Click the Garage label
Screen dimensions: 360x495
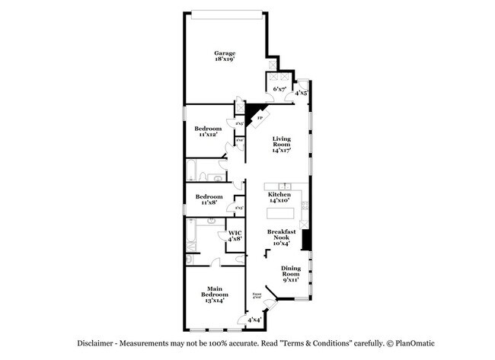tap(224, 56)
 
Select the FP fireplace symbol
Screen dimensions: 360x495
tap(259, 119)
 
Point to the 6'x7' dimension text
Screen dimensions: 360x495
tap(280, 89)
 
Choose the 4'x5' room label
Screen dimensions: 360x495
tap(302, 93)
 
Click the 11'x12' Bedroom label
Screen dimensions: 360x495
tap(208, 132)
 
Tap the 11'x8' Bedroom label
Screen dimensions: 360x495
tap(208, 199)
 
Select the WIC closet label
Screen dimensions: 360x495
tap(235, 236)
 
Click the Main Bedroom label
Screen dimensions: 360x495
tap(214, 295)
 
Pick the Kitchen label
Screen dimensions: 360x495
tap(279, 198)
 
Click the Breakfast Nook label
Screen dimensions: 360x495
tap(283, 237)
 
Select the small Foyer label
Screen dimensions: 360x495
tap(256, 295)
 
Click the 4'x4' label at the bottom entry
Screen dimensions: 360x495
tap(254, 320)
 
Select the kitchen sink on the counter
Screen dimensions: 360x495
tap(285, 186)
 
